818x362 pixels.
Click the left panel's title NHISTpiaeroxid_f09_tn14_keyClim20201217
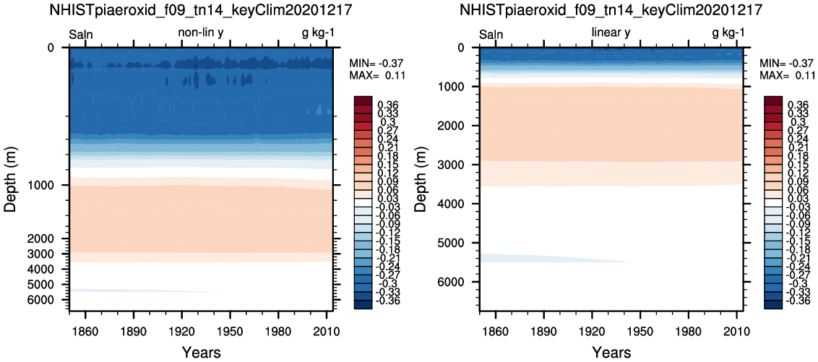[197, 10]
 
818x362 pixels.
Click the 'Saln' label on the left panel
[81, 33]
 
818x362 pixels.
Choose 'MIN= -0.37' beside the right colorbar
[784, 63]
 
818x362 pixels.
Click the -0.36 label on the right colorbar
[796, 300]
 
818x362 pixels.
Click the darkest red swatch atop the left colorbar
[363, 100]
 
